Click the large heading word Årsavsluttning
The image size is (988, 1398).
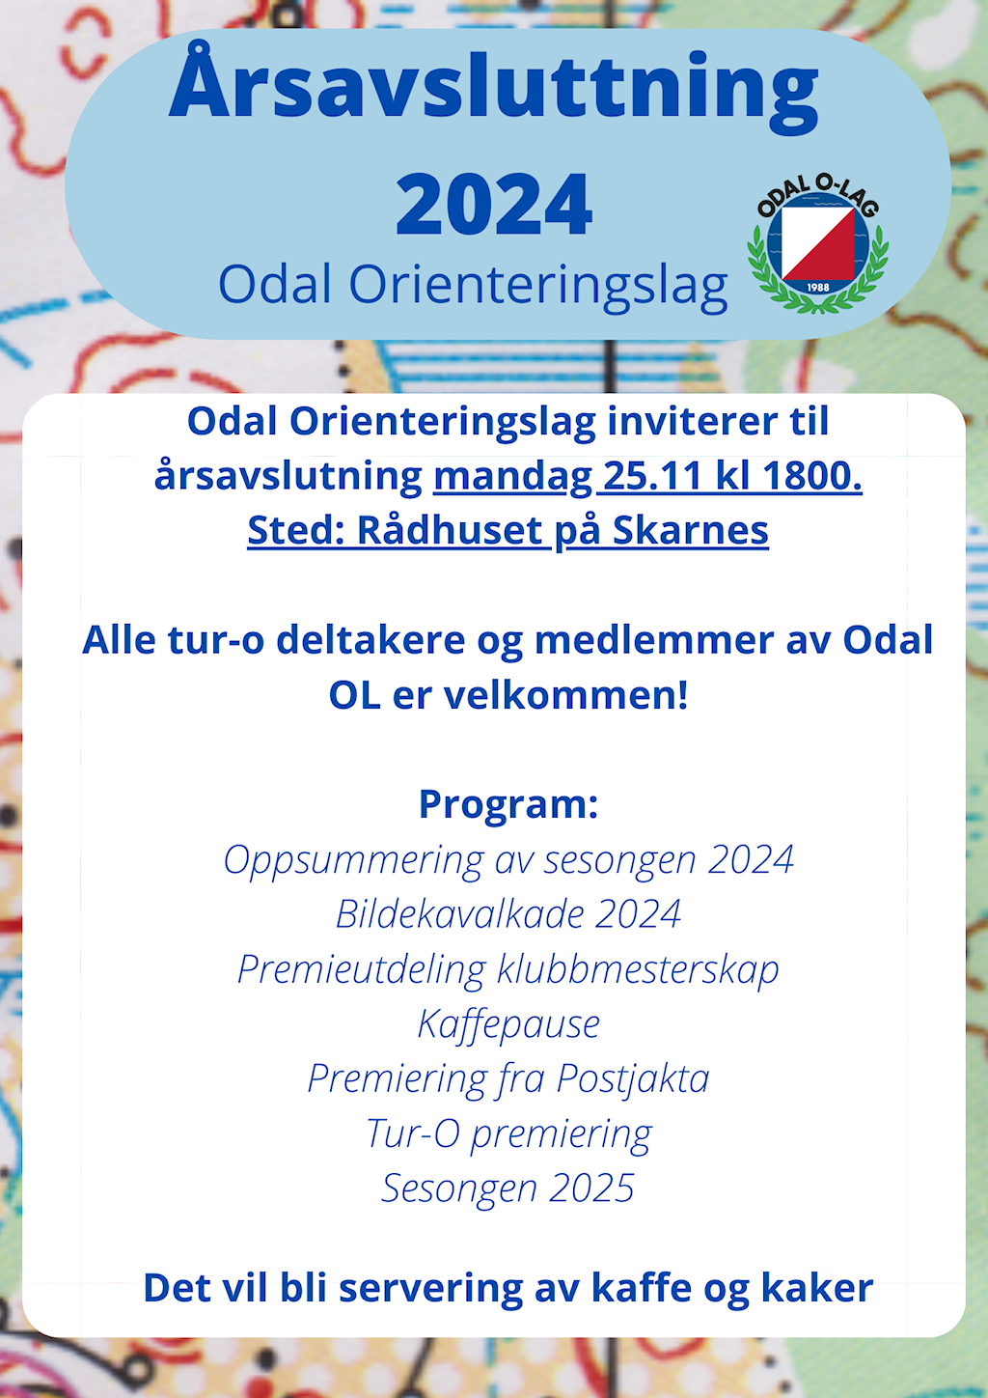point(493,87)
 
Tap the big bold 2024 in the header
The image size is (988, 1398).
point(494,204)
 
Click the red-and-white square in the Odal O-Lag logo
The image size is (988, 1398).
point(818,243)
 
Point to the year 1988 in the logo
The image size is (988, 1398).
point(818,287)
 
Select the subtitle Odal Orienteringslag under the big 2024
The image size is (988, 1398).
point(473,285)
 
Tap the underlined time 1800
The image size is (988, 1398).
point(812,476)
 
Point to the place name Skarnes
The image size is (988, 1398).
point(691,531)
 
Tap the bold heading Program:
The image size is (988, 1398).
point(508,804)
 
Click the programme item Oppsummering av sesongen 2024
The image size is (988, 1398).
point(508,860)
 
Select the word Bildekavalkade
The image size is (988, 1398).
point(459,914)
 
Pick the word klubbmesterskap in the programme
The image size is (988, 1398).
point(638,970)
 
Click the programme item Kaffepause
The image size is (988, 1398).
point(508,1024)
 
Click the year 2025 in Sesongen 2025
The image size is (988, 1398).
point(591,1188)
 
